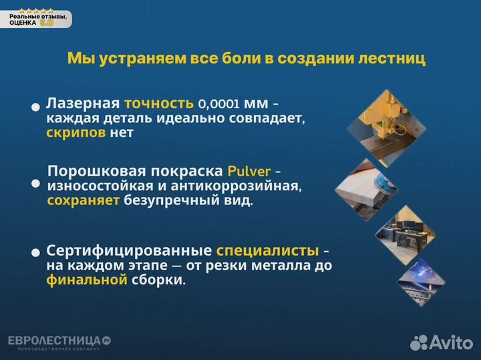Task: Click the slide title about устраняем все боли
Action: tap(247, 59)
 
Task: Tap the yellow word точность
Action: tap(158, 104)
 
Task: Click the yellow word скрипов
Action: tap(76, 132)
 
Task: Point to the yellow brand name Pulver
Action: tap(249, 170)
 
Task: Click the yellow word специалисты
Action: tap(267, 250)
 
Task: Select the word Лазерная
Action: tap(83, 104)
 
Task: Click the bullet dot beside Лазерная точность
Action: tap(35, 107)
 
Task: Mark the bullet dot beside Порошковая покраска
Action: tap(35, 183)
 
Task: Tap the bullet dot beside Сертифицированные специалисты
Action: tap(35, 253)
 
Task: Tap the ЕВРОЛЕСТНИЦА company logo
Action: tap(59, 342)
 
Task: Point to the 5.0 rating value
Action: tap(47, 22)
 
